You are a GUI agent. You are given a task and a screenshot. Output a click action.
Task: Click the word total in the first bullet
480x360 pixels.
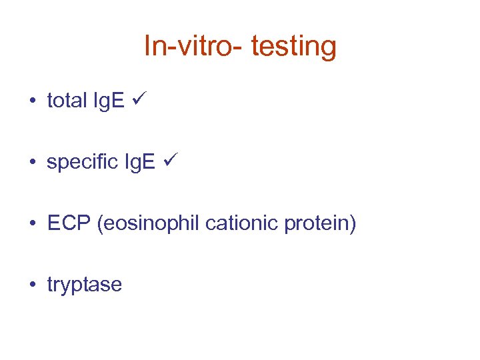(67, 101)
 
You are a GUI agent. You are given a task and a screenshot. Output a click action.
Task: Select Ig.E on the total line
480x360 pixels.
(108, 101)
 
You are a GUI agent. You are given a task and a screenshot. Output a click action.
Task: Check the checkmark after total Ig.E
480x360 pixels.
(141, 99)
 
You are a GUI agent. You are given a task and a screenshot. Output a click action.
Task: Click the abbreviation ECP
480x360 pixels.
(69, 223)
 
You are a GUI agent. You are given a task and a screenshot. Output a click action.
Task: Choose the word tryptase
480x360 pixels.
(85, 285)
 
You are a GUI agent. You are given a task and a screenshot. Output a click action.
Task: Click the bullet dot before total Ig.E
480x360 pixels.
(32, 101)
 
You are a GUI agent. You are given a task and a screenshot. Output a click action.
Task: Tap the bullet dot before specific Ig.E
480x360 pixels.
(32, 163)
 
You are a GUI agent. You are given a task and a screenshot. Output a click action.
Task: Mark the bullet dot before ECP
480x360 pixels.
(32, 224)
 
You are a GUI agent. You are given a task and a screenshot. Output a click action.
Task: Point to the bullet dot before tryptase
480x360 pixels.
(32, 285)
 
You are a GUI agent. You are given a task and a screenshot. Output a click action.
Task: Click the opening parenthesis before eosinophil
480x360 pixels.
(100, 224)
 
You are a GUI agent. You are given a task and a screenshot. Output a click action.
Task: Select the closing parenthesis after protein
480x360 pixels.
(353, 224)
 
